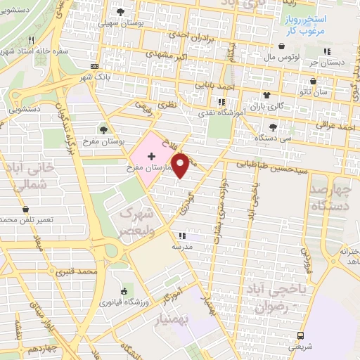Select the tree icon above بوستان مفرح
[x=104, y=129]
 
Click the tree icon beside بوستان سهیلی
[x=120, y=13]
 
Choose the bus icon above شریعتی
[x=301, y=335]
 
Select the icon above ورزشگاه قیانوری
[x=124, y=292]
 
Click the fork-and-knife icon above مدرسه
[x=182, y=236]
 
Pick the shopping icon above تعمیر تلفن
[x=26, y=210]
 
